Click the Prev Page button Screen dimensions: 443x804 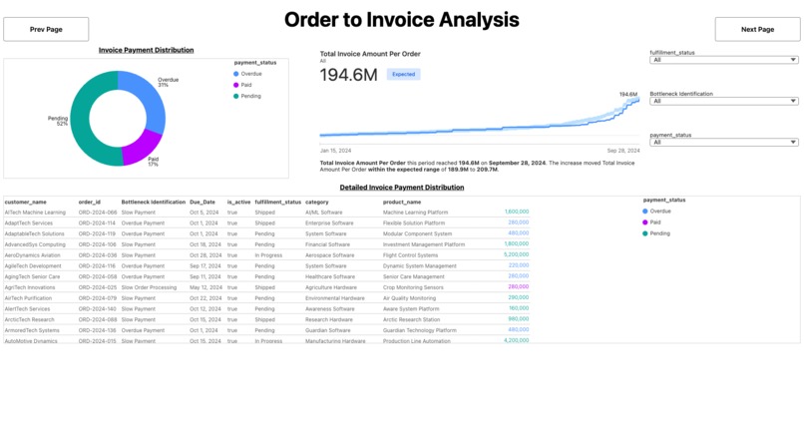tap(46, 30)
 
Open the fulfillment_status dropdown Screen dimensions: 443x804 tap(723, 60)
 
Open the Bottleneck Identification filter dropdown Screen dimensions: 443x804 tap(723, 101)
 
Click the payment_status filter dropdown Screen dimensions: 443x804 tap(723, 142)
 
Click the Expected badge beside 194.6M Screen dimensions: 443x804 tap(403, 74)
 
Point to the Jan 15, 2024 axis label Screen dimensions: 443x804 tap(335, 150)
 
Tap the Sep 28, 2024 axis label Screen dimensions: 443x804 tap(622, 150)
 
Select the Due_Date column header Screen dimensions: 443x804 tap(202, 202)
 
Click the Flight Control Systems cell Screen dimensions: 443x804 tap(410, 255)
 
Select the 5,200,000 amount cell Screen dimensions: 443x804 tap(516, 255)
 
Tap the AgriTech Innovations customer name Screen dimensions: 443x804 tap(30, 287)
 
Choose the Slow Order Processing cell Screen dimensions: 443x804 tap(149, 287)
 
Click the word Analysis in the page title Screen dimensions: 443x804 tap(472, 20)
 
